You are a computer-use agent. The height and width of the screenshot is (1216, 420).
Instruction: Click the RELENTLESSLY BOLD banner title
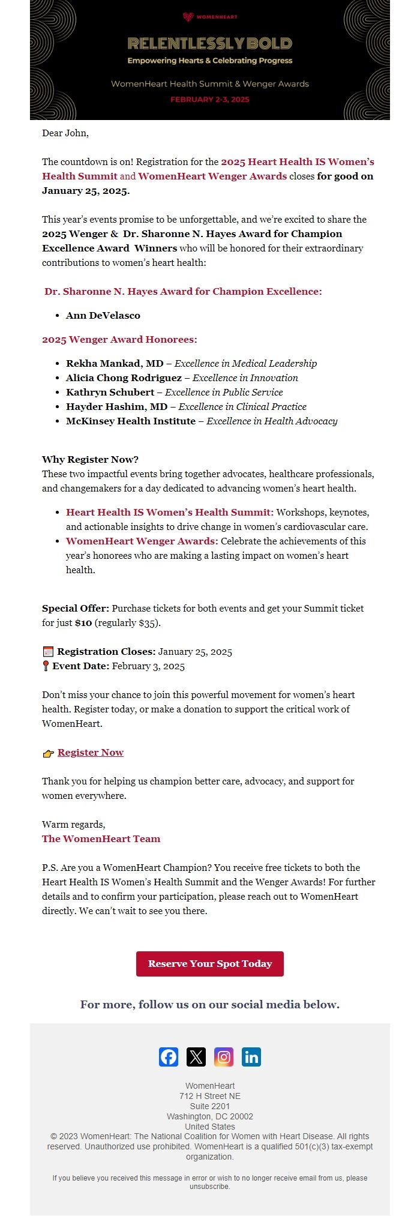pyautogui.click(x=209, y=43)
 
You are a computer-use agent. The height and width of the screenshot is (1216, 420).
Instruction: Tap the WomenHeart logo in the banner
pyautogui.click(x=209, y=17)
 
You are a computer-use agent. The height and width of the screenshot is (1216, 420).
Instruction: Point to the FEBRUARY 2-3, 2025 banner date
pyautogui.click(x=209, y=100)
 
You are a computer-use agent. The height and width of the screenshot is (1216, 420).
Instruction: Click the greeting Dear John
pyautogui.click(x=65, y=133)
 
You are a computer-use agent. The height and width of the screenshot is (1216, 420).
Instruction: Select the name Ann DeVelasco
pyautogui.click(x=103, y=316)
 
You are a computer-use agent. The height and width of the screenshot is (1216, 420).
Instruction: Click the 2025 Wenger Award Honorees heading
pyautogui.click(x=119, y=340)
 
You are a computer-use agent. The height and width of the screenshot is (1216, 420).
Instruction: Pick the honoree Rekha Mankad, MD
pyautogui.click(x=115, y=364)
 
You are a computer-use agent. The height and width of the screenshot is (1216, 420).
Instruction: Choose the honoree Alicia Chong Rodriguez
pyautogui.click(x=124, y=378)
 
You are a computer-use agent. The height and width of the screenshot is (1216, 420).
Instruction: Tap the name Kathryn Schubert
pyautogui.click(x=110, y=393)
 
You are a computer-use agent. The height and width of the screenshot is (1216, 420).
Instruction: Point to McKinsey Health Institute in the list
pyautogui.click(x=131, y=421)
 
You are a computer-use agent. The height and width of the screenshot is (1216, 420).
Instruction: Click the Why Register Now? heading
pyautogui.click(x=90, y=460)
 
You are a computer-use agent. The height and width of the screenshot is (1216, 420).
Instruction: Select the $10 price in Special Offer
pyautogui.click(x=83, y=623)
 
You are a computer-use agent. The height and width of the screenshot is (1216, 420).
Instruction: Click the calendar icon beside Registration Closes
pyautogui.click(x=48, y=652)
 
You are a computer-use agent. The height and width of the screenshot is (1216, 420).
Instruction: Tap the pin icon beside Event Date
pyautogui.click(x=46, y=666)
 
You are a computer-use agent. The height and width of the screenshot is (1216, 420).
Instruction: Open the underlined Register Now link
pyautogui.click(x=91, y=753)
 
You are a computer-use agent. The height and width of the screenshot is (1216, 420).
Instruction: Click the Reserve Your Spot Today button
pyautogui.click(x=209, y=964)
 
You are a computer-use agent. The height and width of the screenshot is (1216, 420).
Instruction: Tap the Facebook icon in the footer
pyautogui.click(x=169, y=1057)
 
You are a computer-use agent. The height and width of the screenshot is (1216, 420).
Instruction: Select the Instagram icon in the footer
pyautogui.click(x=224, y=1057)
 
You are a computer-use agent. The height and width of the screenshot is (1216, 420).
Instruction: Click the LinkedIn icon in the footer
pyautogui.click(x=251, y=1057)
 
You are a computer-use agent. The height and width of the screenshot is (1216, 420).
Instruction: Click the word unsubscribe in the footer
pyautogui.click(x=209, y=1187)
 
